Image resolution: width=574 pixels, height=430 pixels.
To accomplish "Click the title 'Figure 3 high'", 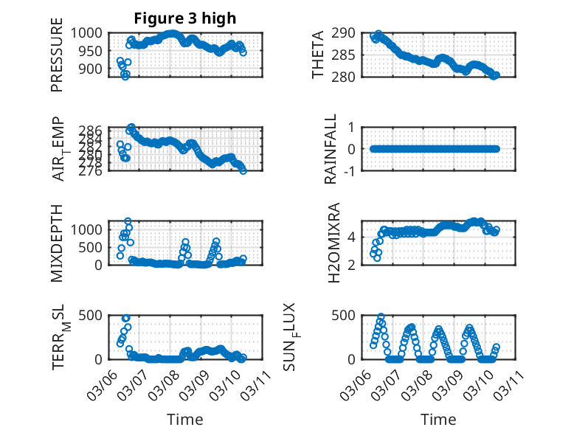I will click(185, 18).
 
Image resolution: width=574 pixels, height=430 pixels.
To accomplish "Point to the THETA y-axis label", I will click(317, 55).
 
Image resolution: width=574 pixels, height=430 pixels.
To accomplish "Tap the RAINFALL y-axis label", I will click(331, 149).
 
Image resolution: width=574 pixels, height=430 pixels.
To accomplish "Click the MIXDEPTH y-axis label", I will click(57, 243).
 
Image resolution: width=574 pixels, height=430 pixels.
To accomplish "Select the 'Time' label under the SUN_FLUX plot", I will click(438, 419).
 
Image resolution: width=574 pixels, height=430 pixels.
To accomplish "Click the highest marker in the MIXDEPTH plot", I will click(128, 221).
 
